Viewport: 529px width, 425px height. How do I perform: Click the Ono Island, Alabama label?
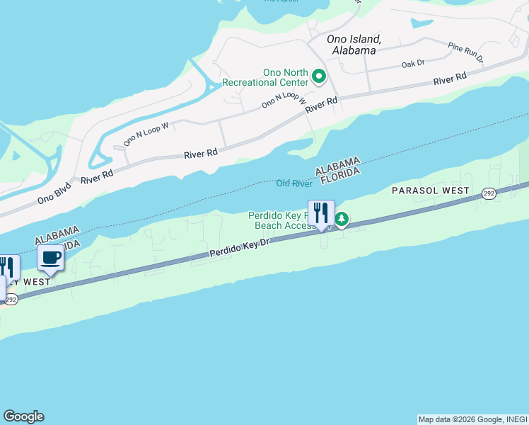[354, 45]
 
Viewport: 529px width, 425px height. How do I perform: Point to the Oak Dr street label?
[412, 63]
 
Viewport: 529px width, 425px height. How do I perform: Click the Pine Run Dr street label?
[465, 51]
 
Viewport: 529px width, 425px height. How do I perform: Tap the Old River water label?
[294, 183]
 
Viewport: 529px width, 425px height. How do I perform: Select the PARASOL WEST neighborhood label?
[430, 191]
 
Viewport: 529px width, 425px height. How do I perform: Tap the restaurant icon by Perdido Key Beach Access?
[321, 213]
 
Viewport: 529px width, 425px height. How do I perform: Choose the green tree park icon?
[342, 220]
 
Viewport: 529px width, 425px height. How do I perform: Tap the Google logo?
[23, 416]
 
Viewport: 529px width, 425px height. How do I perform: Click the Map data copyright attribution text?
[472, 419]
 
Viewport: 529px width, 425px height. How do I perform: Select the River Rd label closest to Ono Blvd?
[97, 178]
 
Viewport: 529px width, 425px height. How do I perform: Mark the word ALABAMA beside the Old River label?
[338, 165]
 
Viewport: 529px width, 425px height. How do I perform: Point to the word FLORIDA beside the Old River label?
[342, 176]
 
